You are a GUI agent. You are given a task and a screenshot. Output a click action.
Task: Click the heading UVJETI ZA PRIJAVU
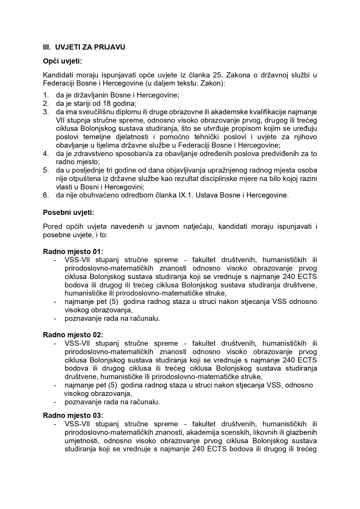click(90, 47)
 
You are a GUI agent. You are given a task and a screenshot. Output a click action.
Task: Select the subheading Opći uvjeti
click(62, 61)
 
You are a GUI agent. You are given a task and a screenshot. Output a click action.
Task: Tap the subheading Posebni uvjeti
click(68, 212)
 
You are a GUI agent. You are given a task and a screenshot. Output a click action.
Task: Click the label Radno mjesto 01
click(73, 251)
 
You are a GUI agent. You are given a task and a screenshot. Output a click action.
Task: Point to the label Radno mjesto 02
click(73, 335)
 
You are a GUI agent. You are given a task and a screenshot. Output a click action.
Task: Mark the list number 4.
click(46, 154)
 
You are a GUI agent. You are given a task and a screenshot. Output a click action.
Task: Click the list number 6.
click(46, 195)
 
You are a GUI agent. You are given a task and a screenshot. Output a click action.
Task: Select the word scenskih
click(236, 432)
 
